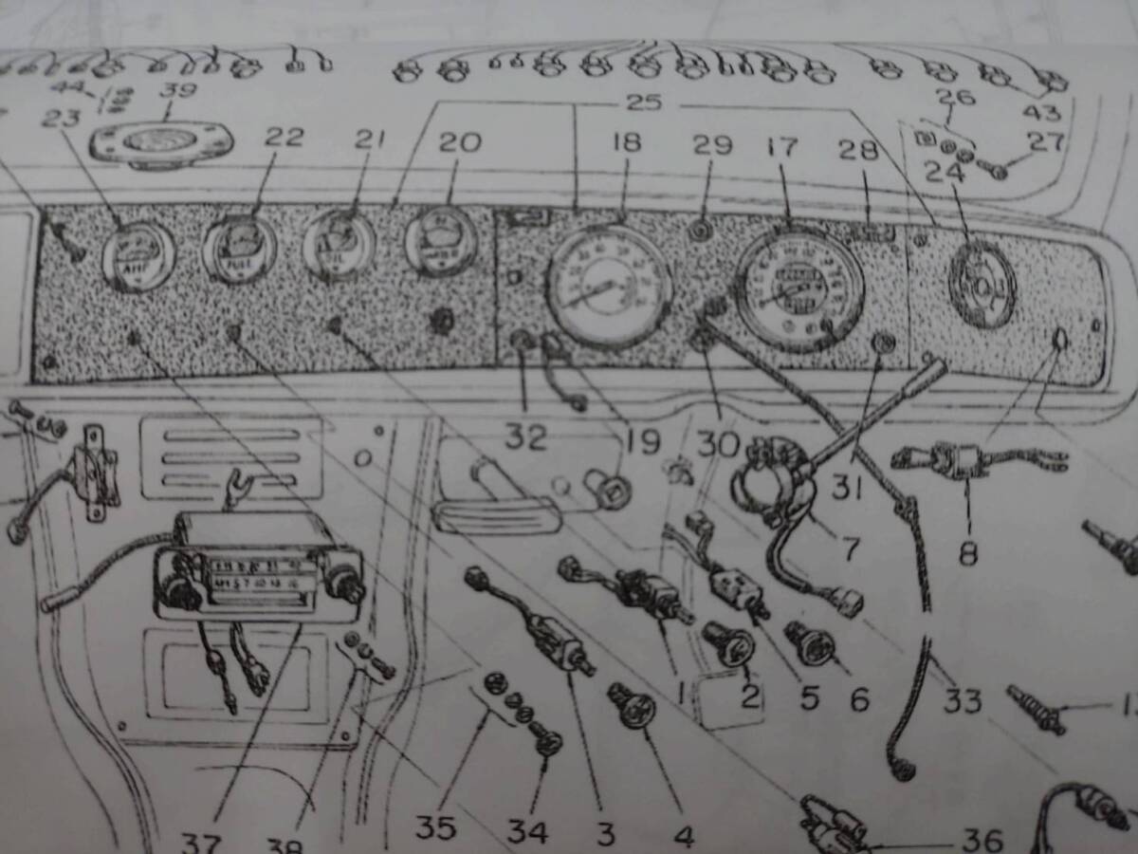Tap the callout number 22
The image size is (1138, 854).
tap(284, 137)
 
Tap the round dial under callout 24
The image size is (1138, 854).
tap(982, 283)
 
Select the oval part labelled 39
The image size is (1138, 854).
tap(161, 142)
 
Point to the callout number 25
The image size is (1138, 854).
tap(642, 102)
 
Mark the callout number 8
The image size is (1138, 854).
tap(967, 552)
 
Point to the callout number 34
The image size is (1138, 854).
tap(526, 831)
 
